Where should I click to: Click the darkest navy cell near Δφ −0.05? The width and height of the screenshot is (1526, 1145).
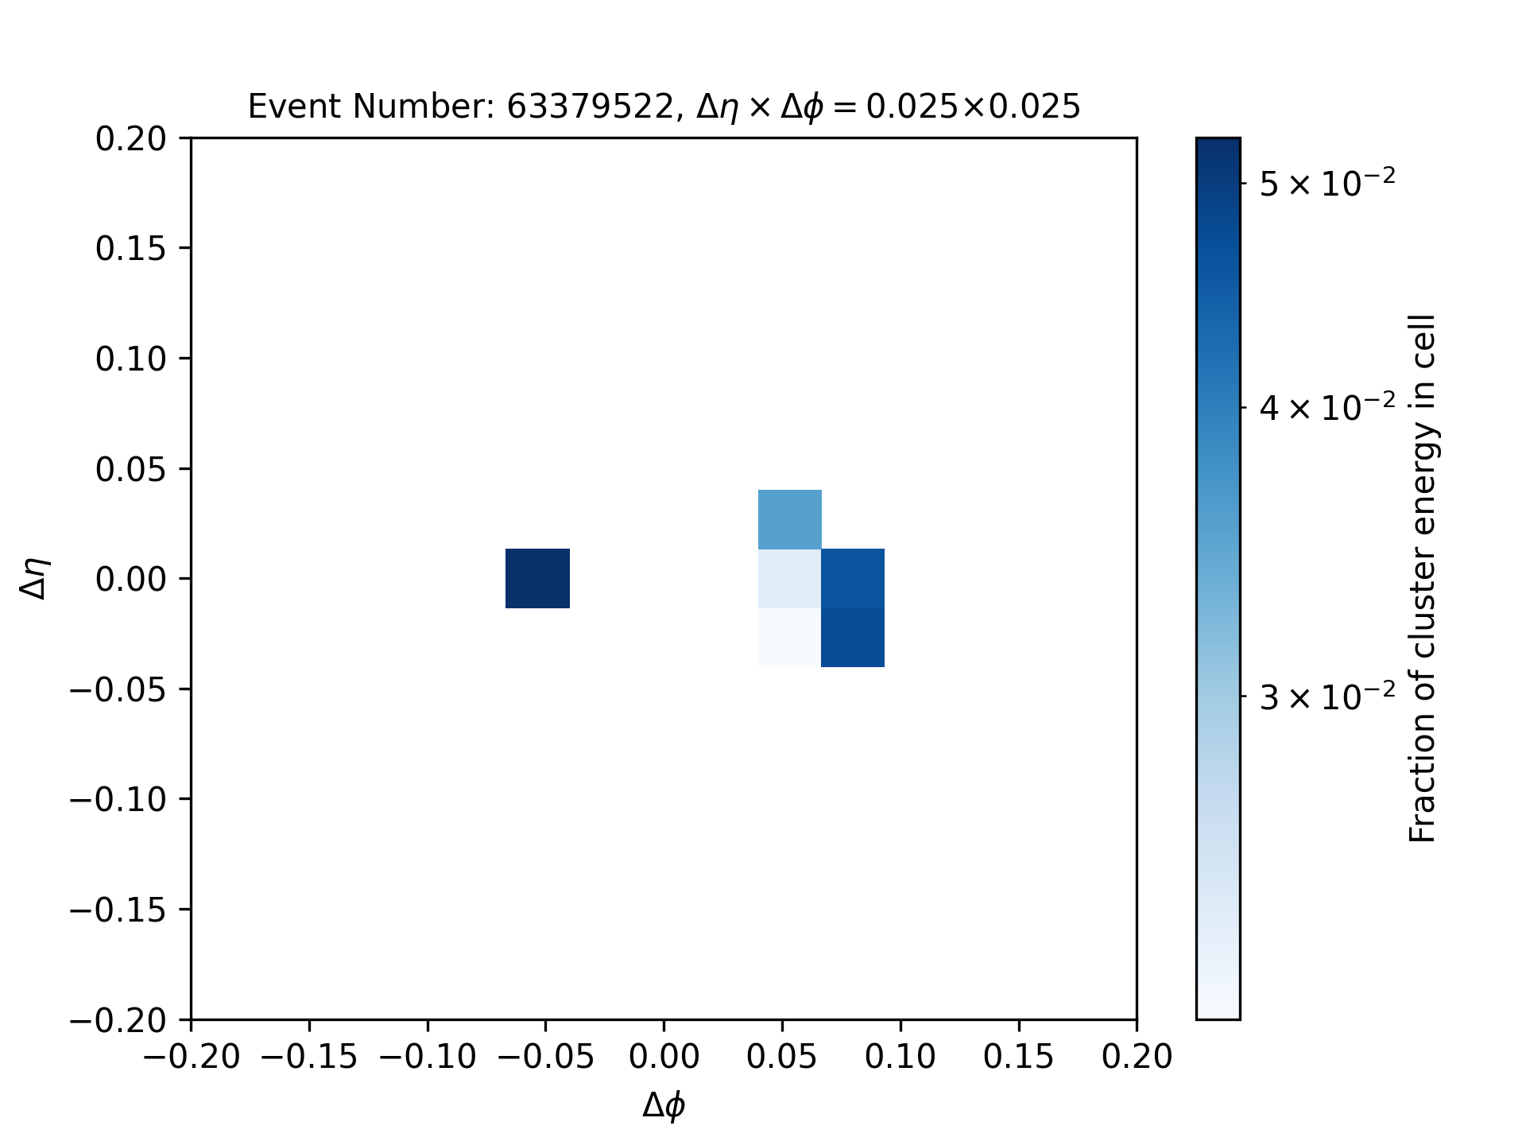pos(538,578)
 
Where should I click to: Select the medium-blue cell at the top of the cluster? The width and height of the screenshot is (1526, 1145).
pos(790,519)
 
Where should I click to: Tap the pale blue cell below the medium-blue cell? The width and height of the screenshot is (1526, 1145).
pos(790,578)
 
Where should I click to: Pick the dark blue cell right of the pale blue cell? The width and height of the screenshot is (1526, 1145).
pos(853,578)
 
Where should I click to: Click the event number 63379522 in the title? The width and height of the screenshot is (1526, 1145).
pos(590,107)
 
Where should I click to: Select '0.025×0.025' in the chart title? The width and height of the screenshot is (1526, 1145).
pos(974,107)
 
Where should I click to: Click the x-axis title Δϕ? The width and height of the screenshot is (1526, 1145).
pos(664,1106)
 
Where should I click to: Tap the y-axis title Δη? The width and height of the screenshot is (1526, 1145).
pos(35,578)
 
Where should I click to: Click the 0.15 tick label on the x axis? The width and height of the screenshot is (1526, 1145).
pos(1018,1057)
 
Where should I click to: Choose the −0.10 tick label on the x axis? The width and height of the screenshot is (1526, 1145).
pos(428,1057)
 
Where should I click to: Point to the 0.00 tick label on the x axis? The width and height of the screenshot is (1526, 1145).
pos(664,1057)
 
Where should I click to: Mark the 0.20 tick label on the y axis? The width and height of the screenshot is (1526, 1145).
pos(131,138)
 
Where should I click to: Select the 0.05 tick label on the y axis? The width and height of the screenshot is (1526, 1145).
pos(131,469)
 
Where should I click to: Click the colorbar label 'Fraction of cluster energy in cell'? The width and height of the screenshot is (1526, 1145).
pos(1423,578)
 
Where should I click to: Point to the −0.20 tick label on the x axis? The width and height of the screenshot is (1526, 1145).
pos(191,1057)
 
